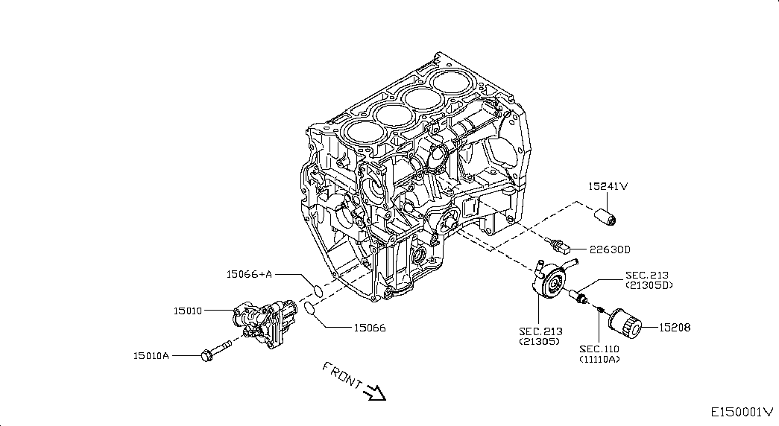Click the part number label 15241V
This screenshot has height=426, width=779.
[x=608, y=187]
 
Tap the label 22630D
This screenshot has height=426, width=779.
[x=610, y=249]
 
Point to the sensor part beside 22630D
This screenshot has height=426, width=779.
[x=559, y=244]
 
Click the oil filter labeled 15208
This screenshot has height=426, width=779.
[x=625, y=323]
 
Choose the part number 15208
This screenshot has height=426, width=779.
[x=675, y=328]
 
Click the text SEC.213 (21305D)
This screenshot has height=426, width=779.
[x=649, y=280]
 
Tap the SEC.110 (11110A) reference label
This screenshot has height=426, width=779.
[x=599, y=354]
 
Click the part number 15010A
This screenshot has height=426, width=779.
[x=151, y=356]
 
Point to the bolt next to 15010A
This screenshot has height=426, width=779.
[x=216, y=349]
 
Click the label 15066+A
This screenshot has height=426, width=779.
[x=250, y=274]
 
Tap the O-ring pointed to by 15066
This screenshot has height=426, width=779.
[x=309, y=308]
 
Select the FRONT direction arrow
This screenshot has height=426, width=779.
[x=375, y=392]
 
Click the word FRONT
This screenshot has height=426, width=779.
[x=342, y=375]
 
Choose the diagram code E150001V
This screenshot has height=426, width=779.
[x=742, y=412]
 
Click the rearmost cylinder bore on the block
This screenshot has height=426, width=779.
[x=449, y=81]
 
